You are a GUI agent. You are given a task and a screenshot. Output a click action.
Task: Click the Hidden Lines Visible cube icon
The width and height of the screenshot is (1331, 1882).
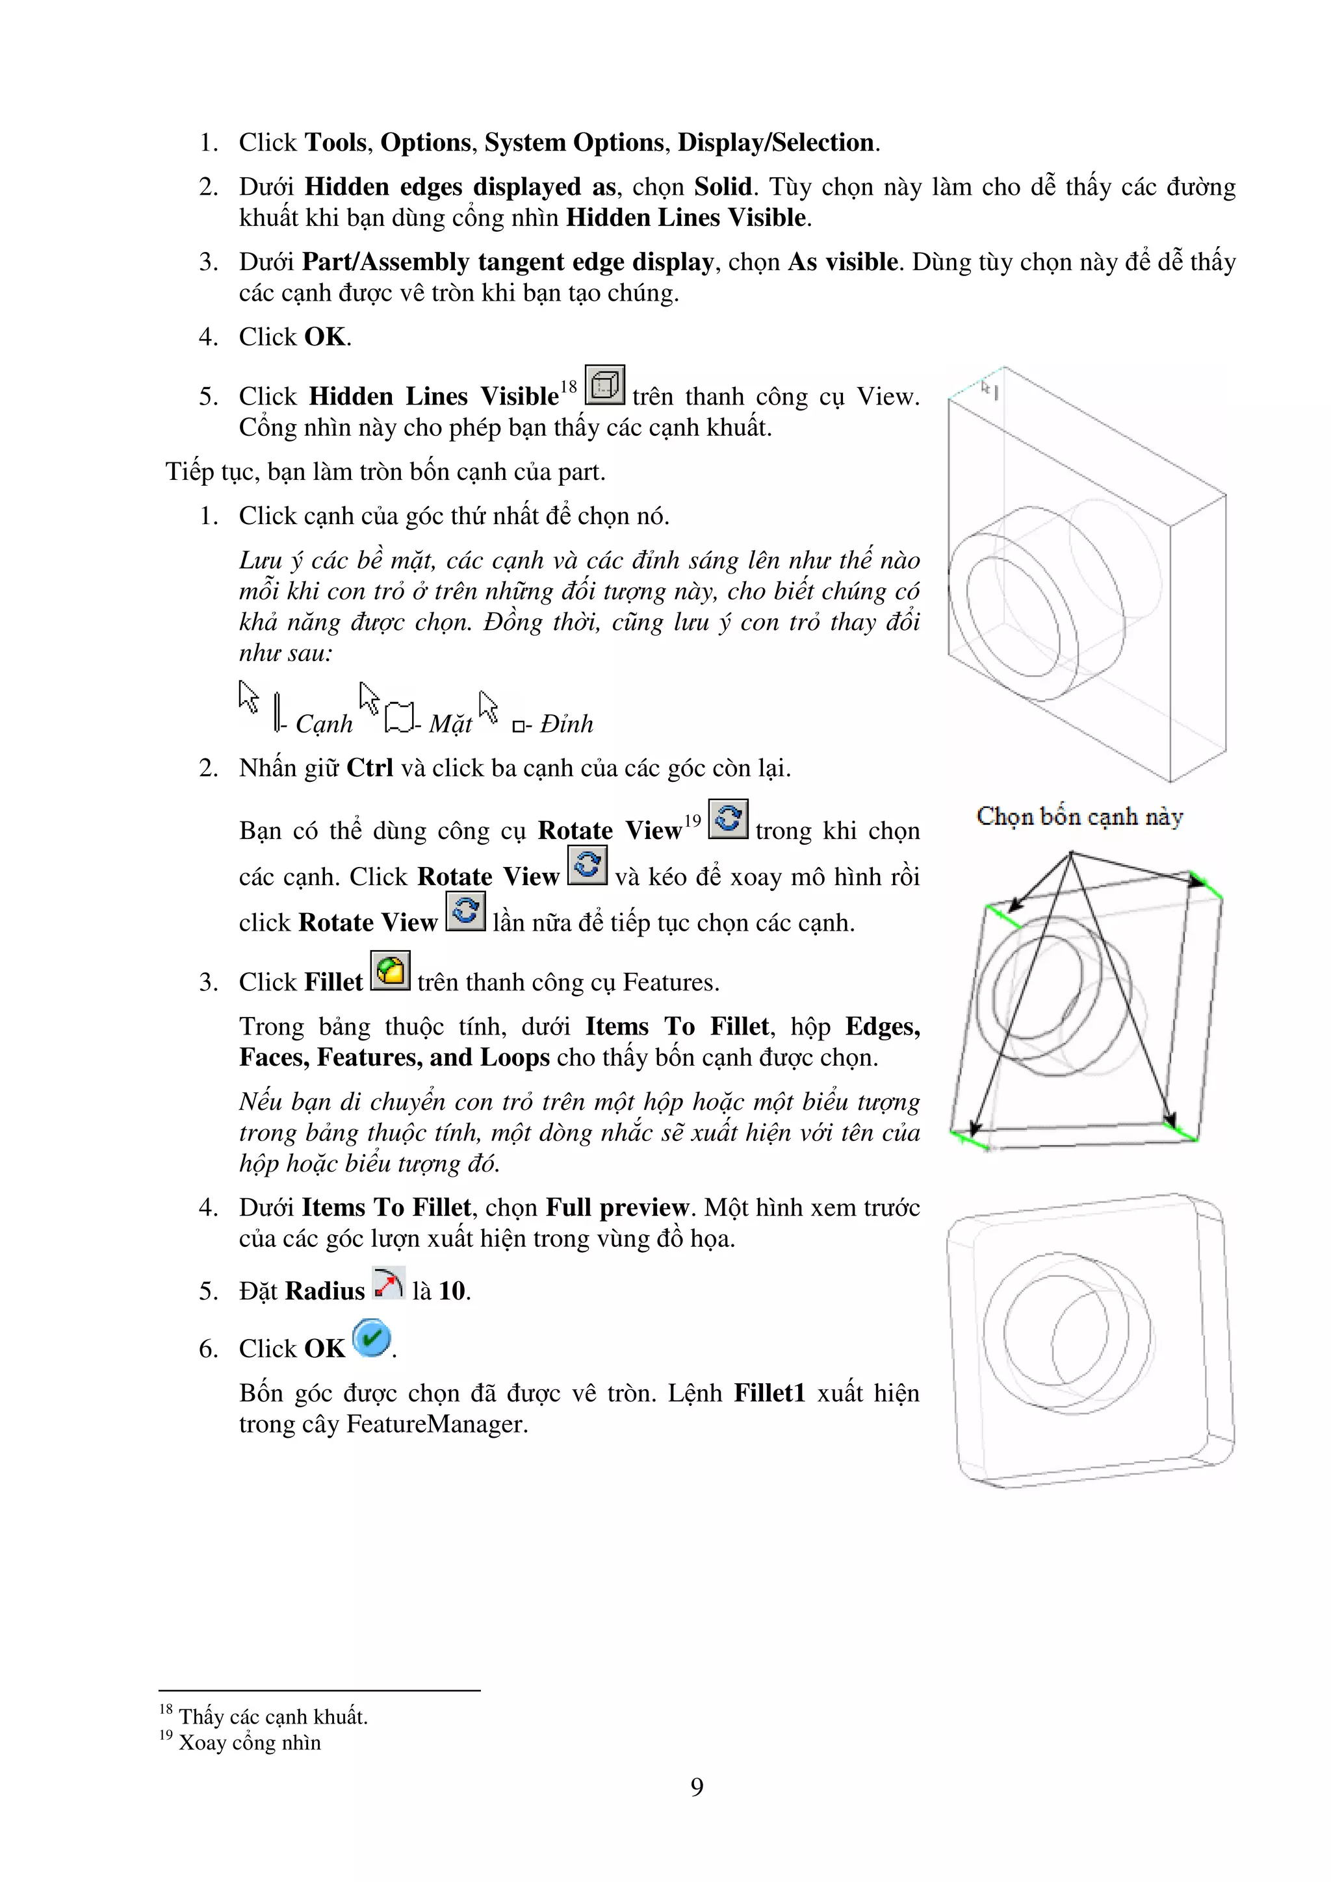point(604,385)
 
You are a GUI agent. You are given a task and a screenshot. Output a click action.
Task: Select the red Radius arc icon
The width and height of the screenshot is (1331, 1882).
point(388,1284)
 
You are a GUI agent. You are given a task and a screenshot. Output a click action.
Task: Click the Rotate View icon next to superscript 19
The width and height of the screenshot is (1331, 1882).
point(727,819)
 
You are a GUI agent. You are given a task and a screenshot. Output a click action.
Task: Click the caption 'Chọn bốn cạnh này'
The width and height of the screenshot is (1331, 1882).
point(1079,816)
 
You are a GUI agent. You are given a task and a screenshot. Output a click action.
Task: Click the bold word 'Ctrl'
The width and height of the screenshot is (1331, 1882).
point(370,768)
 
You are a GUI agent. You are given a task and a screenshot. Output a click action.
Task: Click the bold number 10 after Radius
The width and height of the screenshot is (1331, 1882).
point(452,1291)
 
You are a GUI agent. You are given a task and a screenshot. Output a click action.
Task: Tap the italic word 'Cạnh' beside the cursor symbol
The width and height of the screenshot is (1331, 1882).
point(324,724)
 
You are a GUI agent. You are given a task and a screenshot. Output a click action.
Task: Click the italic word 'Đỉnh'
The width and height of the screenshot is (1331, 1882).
point(566,724)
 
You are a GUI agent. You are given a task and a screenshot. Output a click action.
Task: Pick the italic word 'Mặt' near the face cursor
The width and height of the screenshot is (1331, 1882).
point(450,724)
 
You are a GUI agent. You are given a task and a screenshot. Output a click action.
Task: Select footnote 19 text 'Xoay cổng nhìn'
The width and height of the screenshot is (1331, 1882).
point(250,1742)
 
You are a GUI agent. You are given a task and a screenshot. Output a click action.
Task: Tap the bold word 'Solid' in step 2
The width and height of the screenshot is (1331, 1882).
point(723,187)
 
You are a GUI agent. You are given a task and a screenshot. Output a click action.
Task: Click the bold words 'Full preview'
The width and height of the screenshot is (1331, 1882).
point(617,1207)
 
